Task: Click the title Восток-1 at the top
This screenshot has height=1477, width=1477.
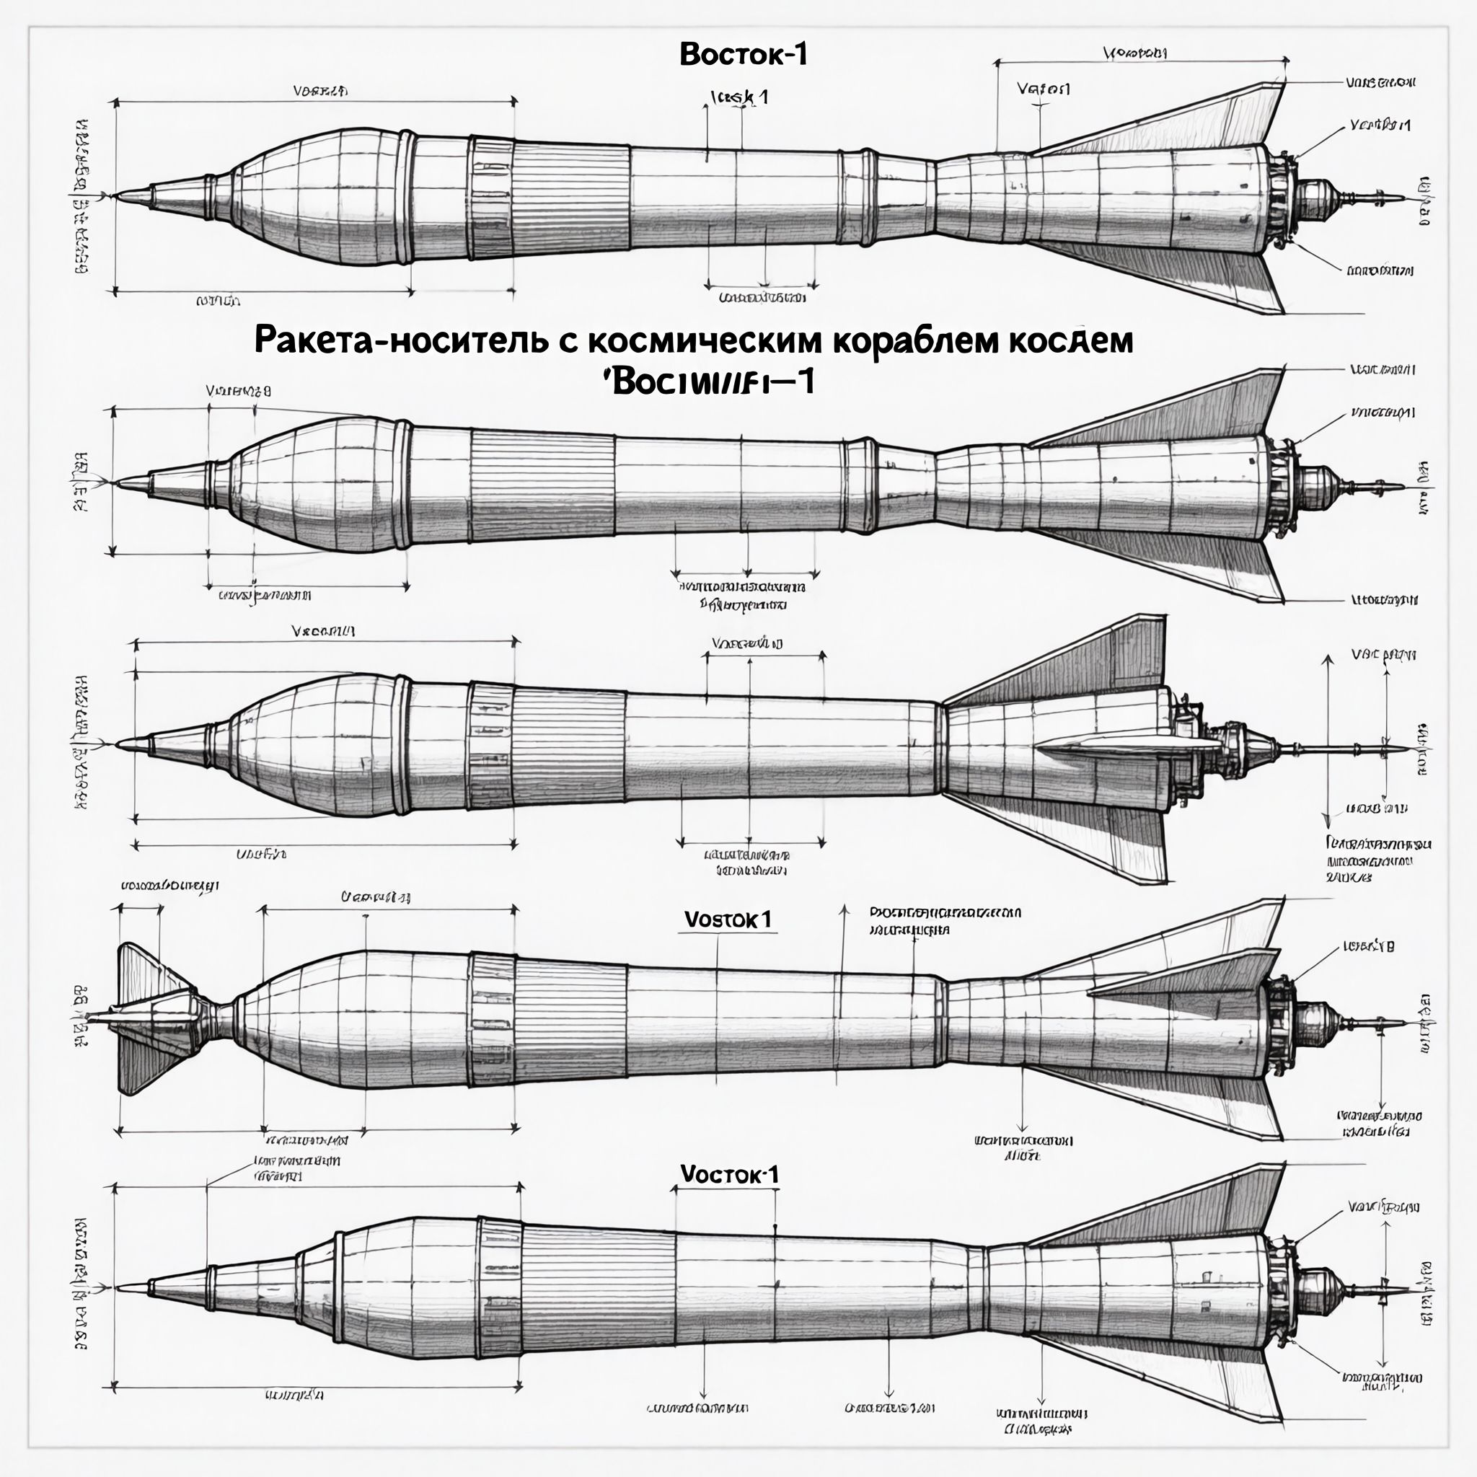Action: pos(743,54)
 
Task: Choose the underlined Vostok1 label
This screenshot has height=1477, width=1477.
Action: pos(727,920)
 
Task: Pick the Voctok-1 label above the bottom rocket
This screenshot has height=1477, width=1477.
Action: pos(729,1174)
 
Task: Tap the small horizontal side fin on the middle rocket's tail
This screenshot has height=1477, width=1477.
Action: pos(1124,746)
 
